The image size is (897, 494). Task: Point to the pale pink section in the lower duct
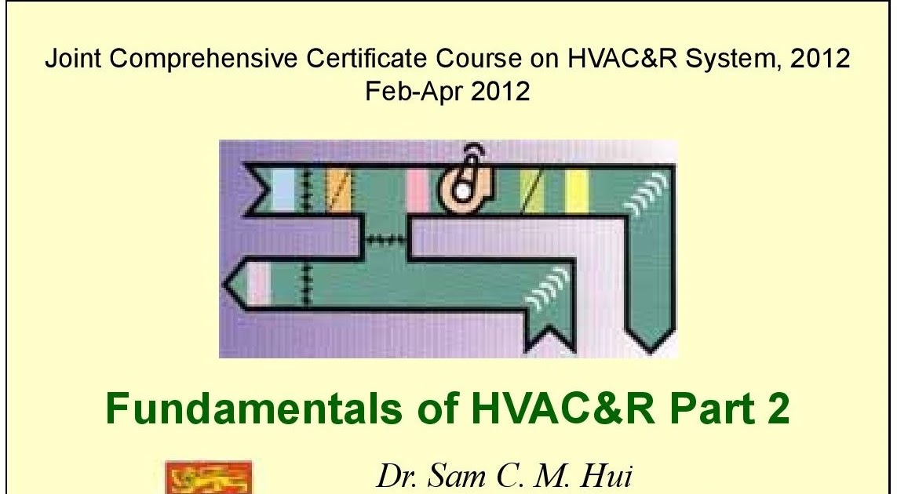click(x=259, y=283)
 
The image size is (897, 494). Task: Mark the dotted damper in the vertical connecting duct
click(x=385, y=238)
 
